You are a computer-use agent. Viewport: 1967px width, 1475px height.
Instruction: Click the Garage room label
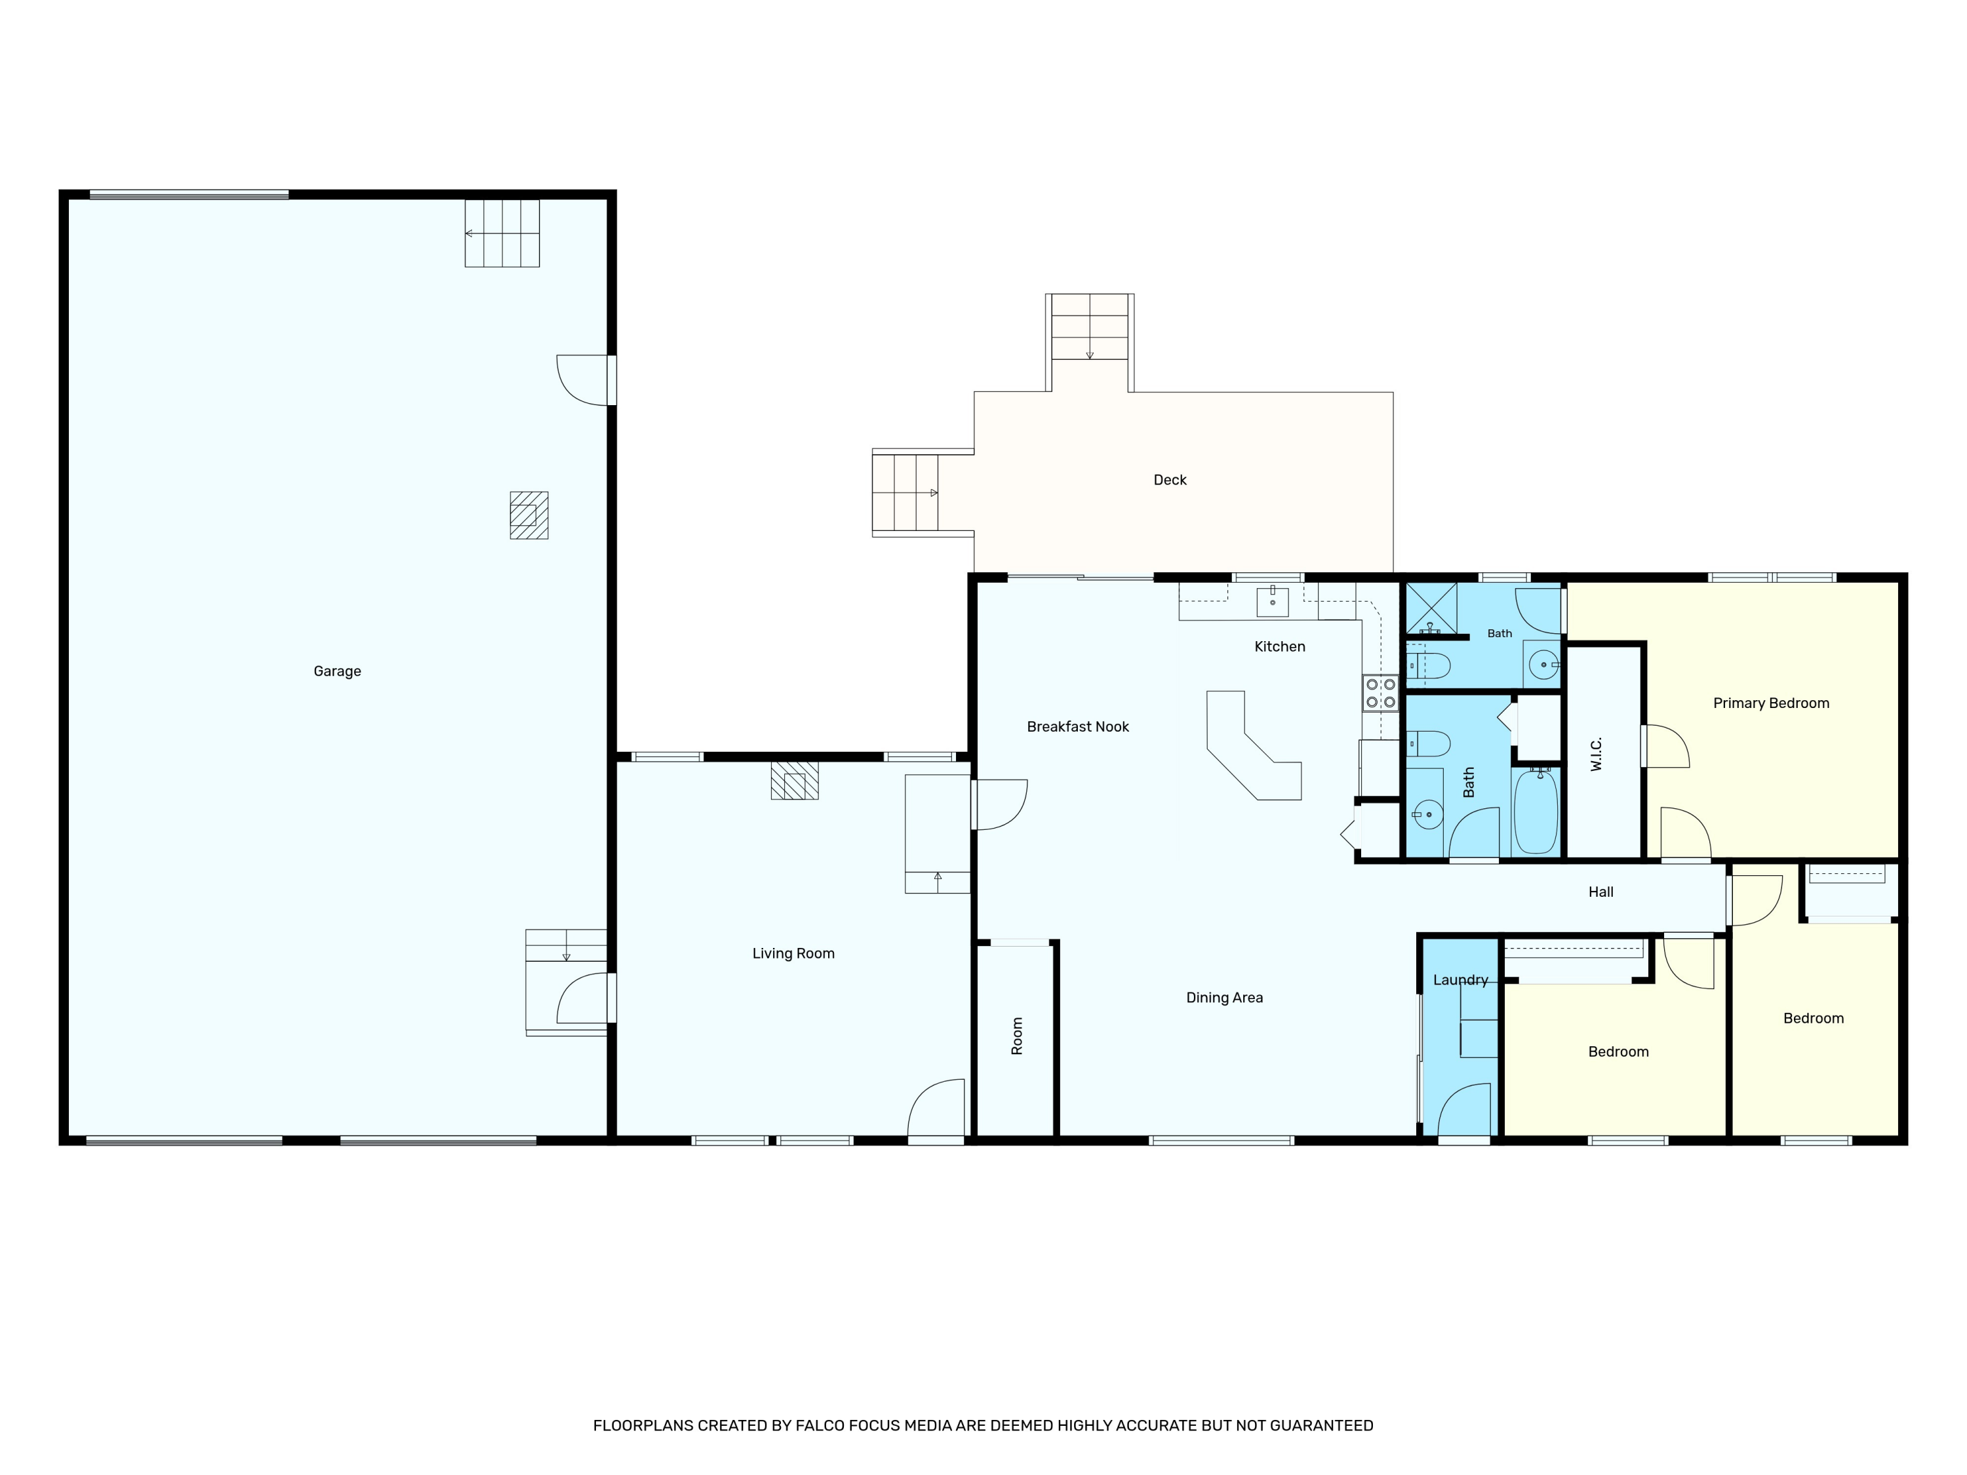pyautogui.click(x=337, y=671)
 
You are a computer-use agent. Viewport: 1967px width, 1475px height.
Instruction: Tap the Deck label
pyautogui.click(x=1169, y=480)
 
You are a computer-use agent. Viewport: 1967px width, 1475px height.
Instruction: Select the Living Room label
pyautogui.click(x=793, y=954)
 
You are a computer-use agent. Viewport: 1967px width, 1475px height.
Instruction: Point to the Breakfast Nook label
pyautogui.click(x=1078, y=727)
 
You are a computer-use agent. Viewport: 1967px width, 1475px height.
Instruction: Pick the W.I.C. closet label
pyautogui.click(x=1596, y=754)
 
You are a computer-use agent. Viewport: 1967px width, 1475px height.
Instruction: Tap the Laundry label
pyautogui.click(x=1460, y=980)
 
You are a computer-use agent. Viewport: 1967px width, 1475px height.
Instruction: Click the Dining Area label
pyautogui.click(x=1225, y=998)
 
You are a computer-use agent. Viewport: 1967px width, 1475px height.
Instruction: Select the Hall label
pyautogui.click(x=1600, y=892)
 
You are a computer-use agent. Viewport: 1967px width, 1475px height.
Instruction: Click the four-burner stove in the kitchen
pyautogui.click(x=1380, y=694)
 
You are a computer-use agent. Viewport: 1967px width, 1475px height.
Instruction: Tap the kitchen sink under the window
pyautogui.click(x=1273, y=602)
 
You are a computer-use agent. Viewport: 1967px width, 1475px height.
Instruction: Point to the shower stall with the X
pyautogui.click(x=1431, y=609)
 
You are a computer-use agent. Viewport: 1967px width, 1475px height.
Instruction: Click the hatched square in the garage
pyautogui.click(x=529, y=516)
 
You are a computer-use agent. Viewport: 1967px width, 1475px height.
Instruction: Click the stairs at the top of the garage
pyautogui.click(x=502, y=233)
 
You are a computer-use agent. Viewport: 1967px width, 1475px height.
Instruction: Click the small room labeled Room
pyautogui.click(x=1016, y=1038)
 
